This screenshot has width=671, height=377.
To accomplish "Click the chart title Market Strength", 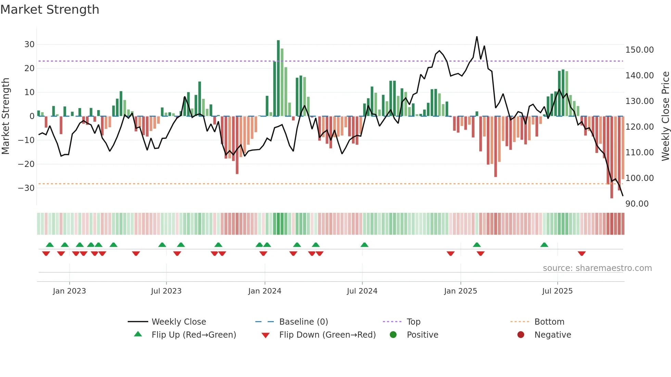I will (x=50, y=10).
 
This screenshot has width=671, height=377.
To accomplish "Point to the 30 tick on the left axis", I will (x=29, y=44).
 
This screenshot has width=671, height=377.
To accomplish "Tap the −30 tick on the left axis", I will (x=26, y=188).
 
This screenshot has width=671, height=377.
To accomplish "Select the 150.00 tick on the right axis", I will (x=639, y=50).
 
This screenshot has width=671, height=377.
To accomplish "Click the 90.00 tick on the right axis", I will (x=637, y=204).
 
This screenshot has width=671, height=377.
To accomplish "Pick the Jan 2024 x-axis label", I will (x=265, y=291).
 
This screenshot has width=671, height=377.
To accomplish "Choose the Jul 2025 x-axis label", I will (x=557, y=291).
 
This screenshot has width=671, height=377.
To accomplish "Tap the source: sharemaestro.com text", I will (x=597, y=268).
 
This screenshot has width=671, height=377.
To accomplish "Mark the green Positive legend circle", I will (x=393, y=335).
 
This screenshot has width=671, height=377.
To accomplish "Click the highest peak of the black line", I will (x=477, y=37).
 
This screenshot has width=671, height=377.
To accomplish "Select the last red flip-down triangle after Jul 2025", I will (x=582, y=253).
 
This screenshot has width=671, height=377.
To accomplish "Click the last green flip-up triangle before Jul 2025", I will (x=544, y=245).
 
